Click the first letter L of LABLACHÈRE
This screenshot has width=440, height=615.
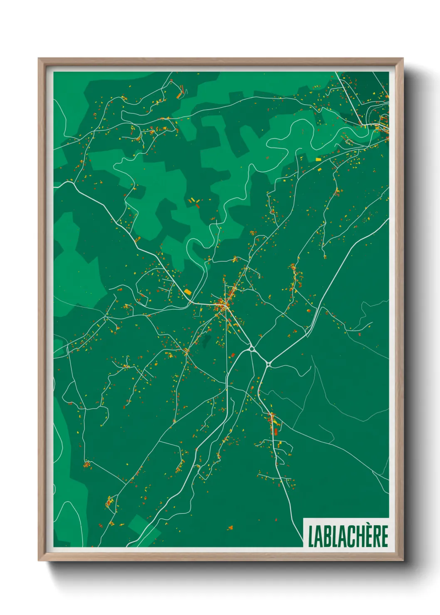point(311,536)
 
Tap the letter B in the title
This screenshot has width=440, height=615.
point(328,536)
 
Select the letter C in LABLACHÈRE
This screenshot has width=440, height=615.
point(352,536)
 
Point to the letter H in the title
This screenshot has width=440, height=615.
point(361,536)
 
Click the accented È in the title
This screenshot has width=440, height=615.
point(368,536)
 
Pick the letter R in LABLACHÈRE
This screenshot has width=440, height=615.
point(376,536)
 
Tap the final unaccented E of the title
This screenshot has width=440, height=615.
point(385,536)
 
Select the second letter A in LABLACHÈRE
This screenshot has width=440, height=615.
point(343,536)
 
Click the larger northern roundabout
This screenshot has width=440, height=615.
point(251,348)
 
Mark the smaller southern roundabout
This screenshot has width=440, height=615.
point(269,364)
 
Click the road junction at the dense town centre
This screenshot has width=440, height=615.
point(224,307)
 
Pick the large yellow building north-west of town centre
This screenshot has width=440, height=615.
point(188,292)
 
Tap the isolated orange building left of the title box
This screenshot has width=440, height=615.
point(231,528)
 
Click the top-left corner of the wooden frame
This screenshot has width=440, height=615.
point(39,59)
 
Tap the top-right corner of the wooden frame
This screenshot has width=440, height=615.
point(403,59)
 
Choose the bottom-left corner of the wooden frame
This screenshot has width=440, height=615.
point(39,560)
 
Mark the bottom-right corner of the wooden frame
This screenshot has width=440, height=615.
point(403,560)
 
